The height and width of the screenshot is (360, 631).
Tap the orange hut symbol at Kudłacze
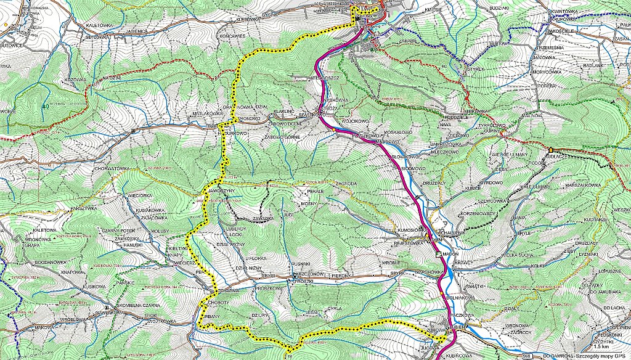[550, 150]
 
